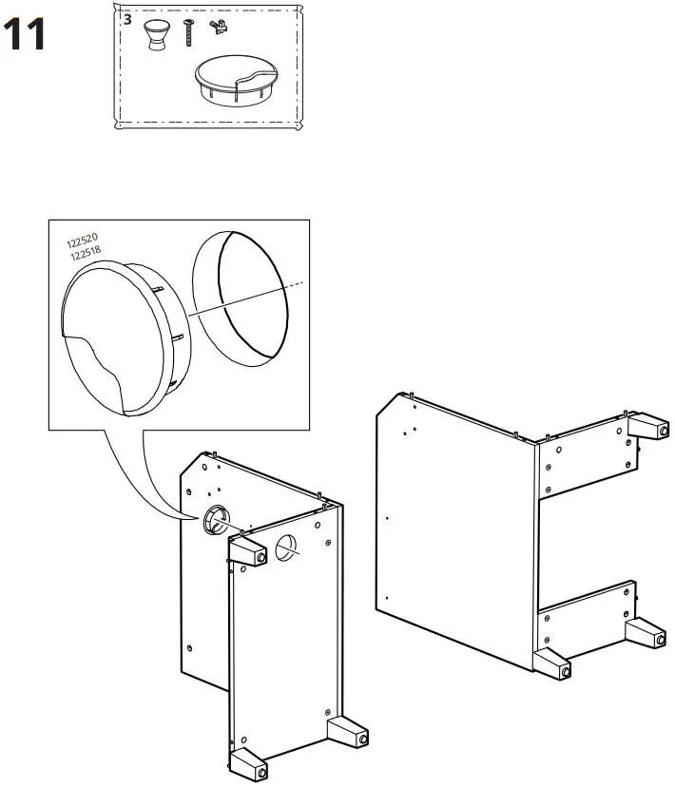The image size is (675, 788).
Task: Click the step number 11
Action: [x=26, y=36]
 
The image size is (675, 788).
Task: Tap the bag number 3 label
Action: [x=127, y=19]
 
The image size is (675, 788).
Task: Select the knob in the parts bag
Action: [x=156, y=35]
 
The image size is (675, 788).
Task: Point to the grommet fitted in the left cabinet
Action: [x=215, y=519]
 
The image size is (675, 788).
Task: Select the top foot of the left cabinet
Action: [x=247, y=550]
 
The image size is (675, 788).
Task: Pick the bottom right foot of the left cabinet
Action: [x=348, y=733]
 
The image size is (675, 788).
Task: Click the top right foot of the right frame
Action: [x=646, y=426]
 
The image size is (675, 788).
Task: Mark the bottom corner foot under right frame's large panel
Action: [x=552, y=664]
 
